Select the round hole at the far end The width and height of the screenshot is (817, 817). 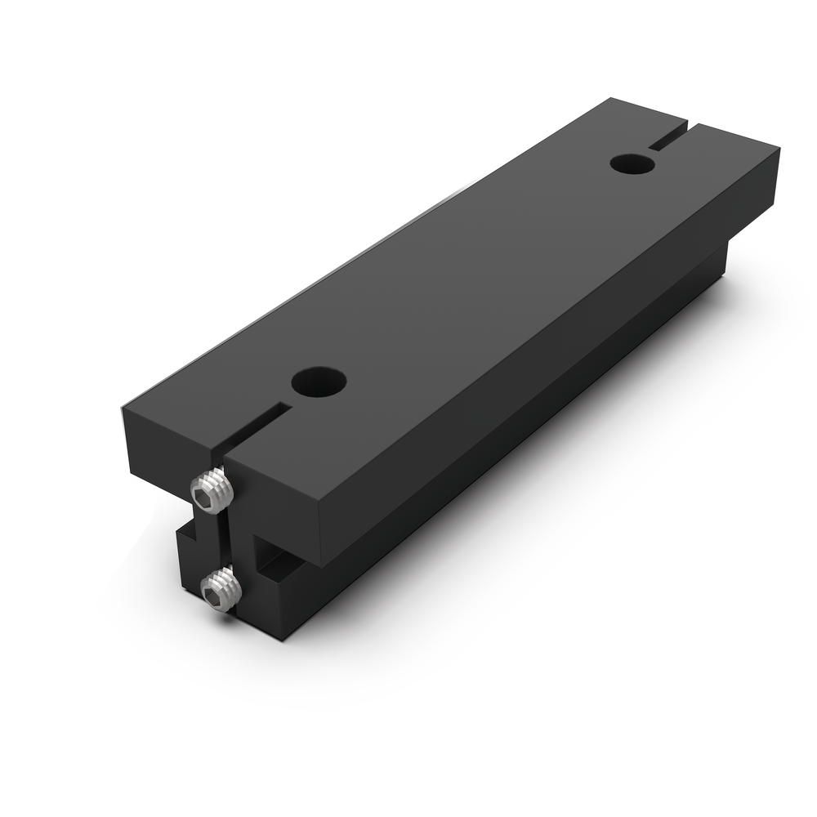(x=632, y=163)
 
